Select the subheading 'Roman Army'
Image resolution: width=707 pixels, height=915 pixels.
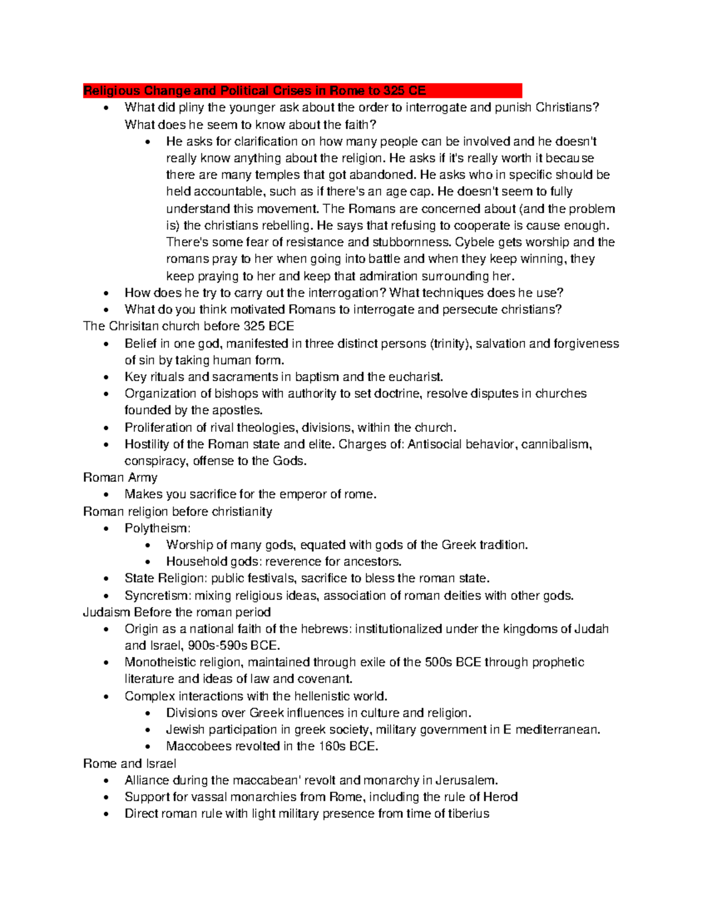coord(120,477)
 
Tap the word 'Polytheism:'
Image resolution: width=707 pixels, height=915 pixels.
coord(157,528)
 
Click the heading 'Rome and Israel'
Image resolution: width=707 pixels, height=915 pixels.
coord(130,764)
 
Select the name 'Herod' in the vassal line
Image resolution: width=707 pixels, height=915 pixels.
coord(500,797)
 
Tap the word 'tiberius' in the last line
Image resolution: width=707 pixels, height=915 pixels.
coord(468,814)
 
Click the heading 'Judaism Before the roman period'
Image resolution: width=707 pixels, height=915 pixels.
coord(177,612)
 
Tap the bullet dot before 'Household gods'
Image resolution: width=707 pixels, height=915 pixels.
coord(148,562)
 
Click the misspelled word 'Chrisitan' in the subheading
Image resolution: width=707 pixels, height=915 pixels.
coord(134,326)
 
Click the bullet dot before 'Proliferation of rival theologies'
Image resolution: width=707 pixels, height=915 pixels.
coord(106,428)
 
